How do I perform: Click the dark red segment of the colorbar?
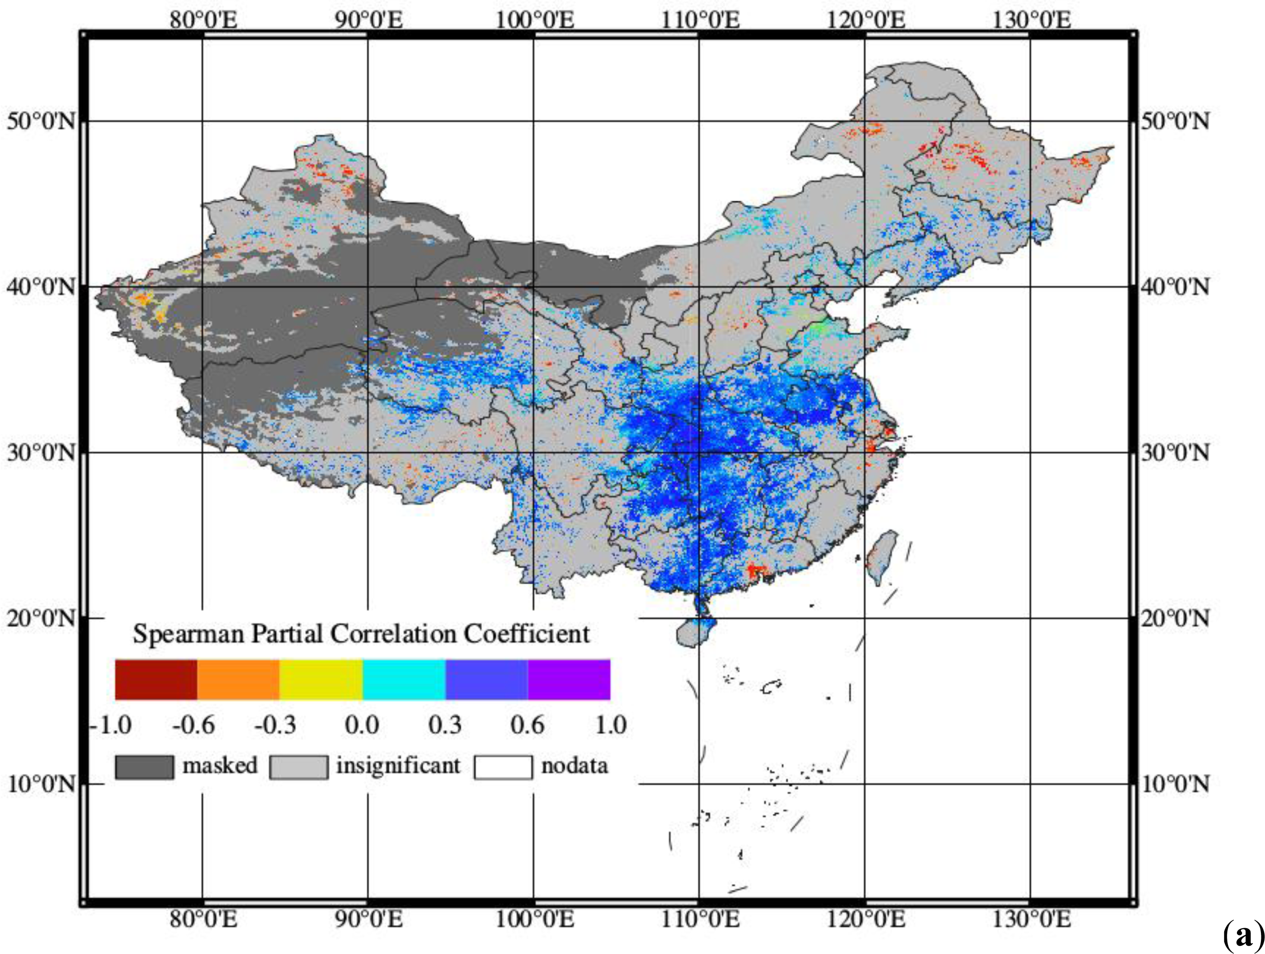(x=156, y=679)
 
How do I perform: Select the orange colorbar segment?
(x=238, y=679)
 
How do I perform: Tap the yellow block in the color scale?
(x=321, y=679)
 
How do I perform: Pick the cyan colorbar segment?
(x=404, y=679)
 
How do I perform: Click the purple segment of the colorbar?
(x=569, y=679)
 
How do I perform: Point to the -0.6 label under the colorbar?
(x=193, y=725)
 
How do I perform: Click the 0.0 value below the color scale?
(x=362, y=725)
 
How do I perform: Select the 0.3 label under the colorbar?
(x=445, y=725)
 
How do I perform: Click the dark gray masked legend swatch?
(x=144, y=767)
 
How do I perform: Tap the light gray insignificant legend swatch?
(x=299, y=767)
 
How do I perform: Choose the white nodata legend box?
(x=502, y=767)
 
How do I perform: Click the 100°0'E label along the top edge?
(x=534, y=20)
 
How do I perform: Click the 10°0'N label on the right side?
(x=1176, y=784)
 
